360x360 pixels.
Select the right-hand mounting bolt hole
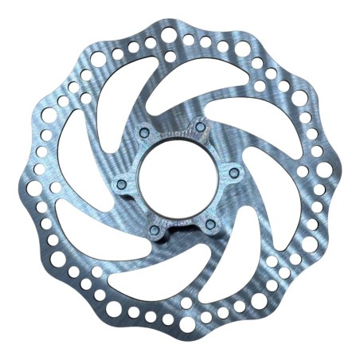(x=233, y=170)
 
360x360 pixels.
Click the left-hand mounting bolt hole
(x=120, y=184)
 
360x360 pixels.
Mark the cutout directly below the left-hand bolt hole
(x=104, y=231)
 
